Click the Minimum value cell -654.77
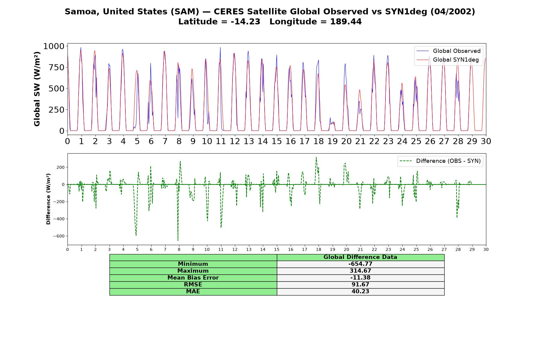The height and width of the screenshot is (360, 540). pyautogui.click(x=360, y=264)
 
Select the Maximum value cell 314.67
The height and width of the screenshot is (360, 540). pyautogui.click(x=360, y=271)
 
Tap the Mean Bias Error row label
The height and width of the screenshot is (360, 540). pyautogui.click(x=193, y=278)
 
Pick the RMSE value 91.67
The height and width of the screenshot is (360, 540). pyautogui.click(x=360, y=285)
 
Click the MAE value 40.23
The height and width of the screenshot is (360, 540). pyautogui.click(x=360, y=292)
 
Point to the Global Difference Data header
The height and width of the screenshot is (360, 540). pyautogui.click(x=360, y=257)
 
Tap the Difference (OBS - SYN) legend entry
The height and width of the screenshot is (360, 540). pyautogui.click(x=440, y=161)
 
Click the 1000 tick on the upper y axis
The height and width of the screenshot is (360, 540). pyautogui.click(x=54, y=46)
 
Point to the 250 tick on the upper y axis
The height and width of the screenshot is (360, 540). pyautogui.click(x=56, y=110)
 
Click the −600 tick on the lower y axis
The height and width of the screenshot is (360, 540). pyautogui.click(x=59, y=236)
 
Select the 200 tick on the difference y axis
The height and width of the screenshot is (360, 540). pyautogui.click(x=61, y=167)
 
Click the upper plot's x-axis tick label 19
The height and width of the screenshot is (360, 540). pyautogui.click(x=332, y=141)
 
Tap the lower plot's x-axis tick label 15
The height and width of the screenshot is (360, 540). pyautogui.click(x=277, y=249)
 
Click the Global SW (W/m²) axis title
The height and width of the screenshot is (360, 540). pyautogui.click(x=37, y=89)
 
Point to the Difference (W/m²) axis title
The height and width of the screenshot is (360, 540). pyautogui.click(x=48, y=199)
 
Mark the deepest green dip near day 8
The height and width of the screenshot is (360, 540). pyautogui.click(x=178, y=240)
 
